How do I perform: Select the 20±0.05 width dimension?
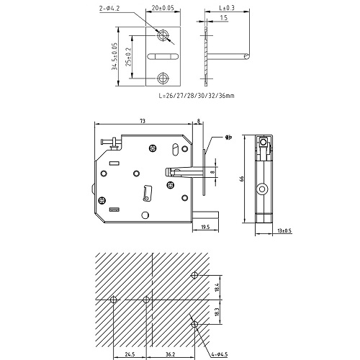point(163,8)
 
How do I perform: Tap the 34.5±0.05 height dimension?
point(114,56)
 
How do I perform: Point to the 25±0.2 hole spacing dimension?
point(128,57)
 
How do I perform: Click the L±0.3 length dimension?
point(227,8)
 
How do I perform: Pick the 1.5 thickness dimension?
point(223,17)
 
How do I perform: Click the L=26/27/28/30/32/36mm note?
point(197,96)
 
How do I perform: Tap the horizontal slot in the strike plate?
point(163,56)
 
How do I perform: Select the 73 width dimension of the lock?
point(143,121)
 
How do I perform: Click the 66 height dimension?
point(242,179)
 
